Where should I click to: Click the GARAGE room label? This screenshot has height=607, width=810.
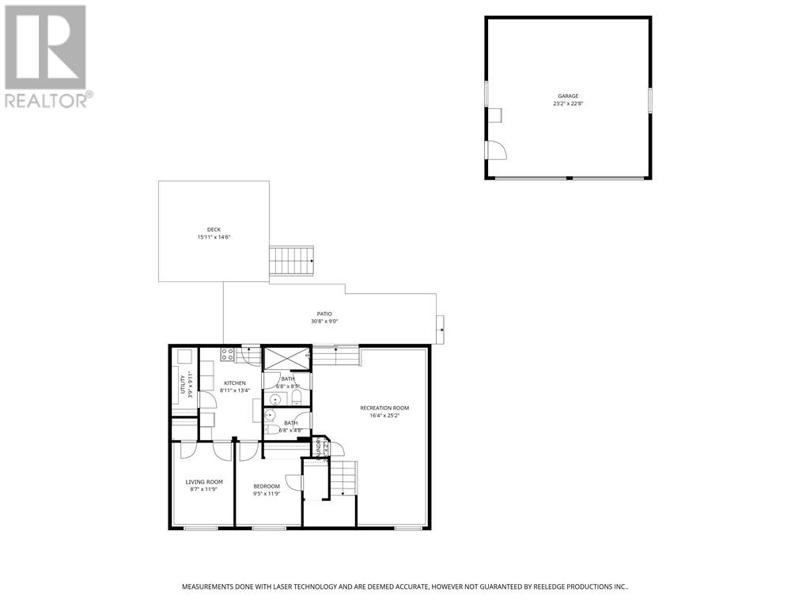click(x=568, y=96)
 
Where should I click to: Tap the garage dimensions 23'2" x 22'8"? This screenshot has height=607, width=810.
click(x=568, y=104)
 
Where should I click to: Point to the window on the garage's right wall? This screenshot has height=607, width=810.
click(x=650, y=100)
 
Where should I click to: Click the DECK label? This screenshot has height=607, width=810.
click(x=214, y=230)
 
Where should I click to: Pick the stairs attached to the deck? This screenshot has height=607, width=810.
click(x=292, y=259)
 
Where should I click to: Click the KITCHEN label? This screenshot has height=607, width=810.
click(x=234, y=383)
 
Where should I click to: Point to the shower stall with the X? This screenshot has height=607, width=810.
click(x=286, y=358)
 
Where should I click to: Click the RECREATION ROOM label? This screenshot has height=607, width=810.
click(x=384, y=408)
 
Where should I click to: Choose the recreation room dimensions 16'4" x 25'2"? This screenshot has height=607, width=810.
click(x=384, y=416)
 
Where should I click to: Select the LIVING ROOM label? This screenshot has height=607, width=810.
click(x=204, y=481)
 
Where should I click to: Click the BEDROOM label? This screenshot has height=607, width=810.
click(x=267, y=486)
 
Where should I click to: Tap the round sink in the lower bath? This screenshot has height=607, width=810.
click(x=271, y=414)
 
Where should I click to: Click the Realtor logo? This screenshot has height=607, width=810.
click(x=46, y=55)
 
